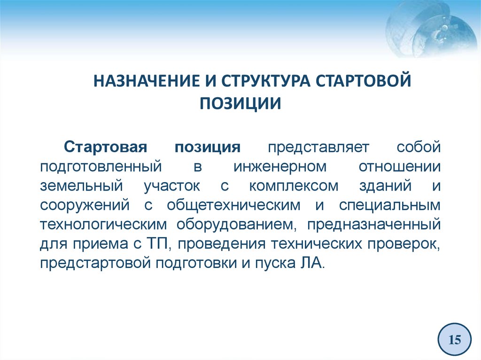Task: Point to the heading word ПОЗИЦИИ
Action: click(x=240, y=103)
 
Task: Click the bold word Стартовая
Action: click(x=106, y=147)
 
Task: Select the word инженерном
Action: click(x=280, y=167)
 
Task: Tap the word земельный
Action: click(x=81, y=186)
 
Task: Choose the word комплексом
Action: click(x=294, y=186)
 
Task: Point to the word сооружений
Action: click(x=85, y=206)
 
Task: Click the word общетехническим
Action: click(x=234, y=206)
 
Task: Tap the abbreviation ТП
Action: click(x=155, y=244)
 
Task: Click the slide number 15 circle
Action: click(x=455, y=339)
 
